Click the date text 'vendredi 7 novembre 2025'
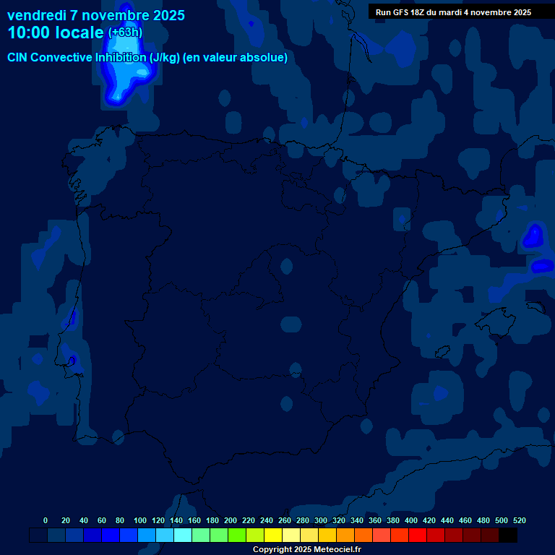coord(95,15)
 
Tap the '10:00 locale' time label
coord(56,33)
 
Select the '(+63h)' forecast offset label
coord(125,33)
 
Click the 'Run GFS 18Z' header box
coord(453,12)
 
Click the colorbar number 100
coord(139,520)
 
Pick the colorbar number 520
coord(519,520)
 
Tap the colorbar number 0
coord(46,520)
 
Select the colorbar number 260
coord(284,520)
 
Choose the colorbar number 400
coord(410,520)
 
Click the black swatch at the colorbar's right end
coord(508,535)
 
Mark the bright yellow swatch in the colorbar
coord(273,535)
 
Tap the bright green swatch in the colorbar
coord(237,535)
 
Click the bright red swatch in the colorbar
coord(418,535)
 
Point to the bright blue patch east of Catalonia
coord(533,236)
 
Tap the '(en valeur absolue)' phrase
coord(236,57)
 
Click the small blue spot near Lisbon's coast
coord(72,359)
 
